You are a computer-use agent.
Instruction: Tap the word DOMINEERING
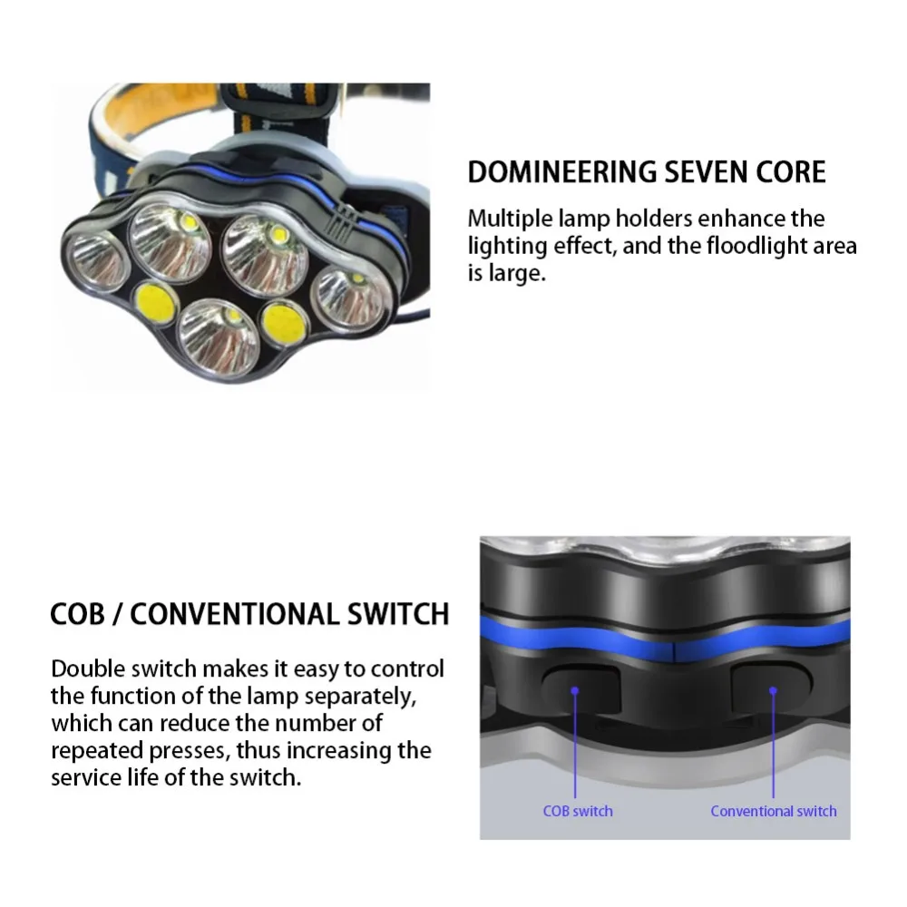555,172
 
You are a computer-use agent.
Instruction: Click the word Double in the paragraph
84,669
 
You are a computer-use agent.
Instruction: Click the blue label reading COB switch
577,811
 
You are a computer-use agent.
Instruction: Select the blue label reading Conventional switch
773,811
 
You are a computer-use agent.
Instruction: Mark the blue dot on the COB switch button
575,690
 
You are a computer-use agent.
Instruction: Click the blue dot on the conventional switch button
773,690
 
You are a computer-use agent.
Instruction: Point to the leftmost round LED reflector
95,259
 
